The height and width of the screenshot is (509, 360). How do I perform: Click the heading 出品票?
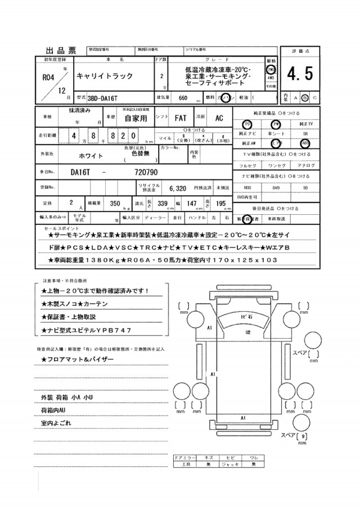(60, 49)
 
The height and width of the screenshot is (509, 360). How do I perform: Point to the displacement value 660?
(182, 97)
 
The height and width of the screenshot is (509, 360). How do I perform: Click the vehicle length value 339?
(163, 204)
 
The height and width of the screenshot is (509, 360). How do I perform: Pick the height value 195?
(220, 204)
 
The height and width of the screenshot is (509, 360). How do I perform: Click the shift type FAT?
(181, 119)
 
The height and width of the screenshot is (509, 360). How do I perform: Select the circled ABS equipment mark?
(306, 143)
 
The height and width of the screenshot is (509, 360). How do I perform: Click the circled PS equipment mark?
(245, 124)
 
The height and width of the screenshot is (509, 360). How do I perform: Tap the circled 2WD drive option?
(271, 68)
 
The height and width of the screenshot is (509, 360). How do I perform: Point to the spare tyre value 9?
(304, 436)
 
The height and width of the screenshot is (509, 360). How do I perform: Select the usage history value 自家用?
(136, 119)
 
